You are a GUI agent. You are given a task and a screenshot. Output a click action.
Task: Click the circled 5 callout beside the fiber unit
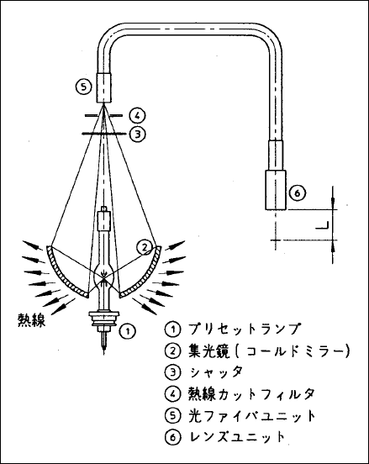pyautogui.click(x=84, y=87)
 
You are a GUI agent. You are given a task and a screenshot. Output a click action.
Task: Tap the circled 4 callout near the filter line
pyautogui.click(x=137, y=115)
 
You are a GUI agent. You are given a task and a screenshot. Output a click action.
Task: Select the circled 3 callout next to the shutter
pyautogui.click(x=137, y=134)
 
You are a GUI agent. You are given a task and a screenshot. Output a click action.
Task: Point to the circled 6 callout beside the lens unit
pyautogui.click(x=297, y=193)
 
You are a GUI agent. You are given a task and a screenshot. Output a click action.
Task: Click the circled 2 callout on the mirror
pyautogui.click(x=145, y=247)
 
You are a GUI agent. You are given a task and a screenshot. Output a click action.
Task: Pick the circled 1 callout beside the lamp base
pyautogui.click(x=128, y=331)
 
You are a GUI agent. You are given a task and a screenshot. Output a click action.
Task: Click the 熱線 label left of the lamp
pyautogui.click(x=31, y=319)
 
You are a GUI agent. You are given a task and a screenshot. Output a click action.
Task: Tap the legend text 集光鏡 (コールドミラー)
pyautogui.click(x=269, y=351)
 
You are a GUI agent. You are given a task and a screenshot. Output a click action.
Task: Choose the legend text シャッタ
pyautogui.click(x=216, y=372)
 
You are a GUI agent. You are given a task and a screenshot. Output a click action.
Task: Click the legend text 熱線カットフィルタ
pyautogui.click(x=251, y=394)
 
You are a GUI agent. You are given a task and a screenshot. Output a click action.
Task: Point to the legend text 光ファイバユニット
pyautogui.click(x=252, y=416)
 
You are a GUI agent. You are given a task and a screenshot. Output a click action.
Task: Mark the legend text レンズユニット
pyautogui.click(x=237, y=437)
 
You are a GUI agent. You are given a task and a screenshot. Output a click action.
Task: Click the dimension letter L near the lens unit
pyautogui.click(x=322, y=225)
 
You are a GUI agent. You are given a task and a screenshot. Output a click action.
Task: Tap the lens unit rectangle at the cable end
pyautogui.click(x=275, y=190)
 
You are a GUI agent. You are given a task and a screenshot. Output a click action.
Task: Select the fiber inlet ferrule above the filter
pyautogui.click(x=104, y=87)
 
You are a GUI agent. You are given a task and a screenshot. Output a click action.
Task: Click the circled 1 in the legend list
pyautogui.click(x=172, y=329)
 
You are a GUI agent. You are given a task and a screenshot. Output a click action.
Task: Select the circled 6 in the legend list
pyautogui.click(x=172, y=437)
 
